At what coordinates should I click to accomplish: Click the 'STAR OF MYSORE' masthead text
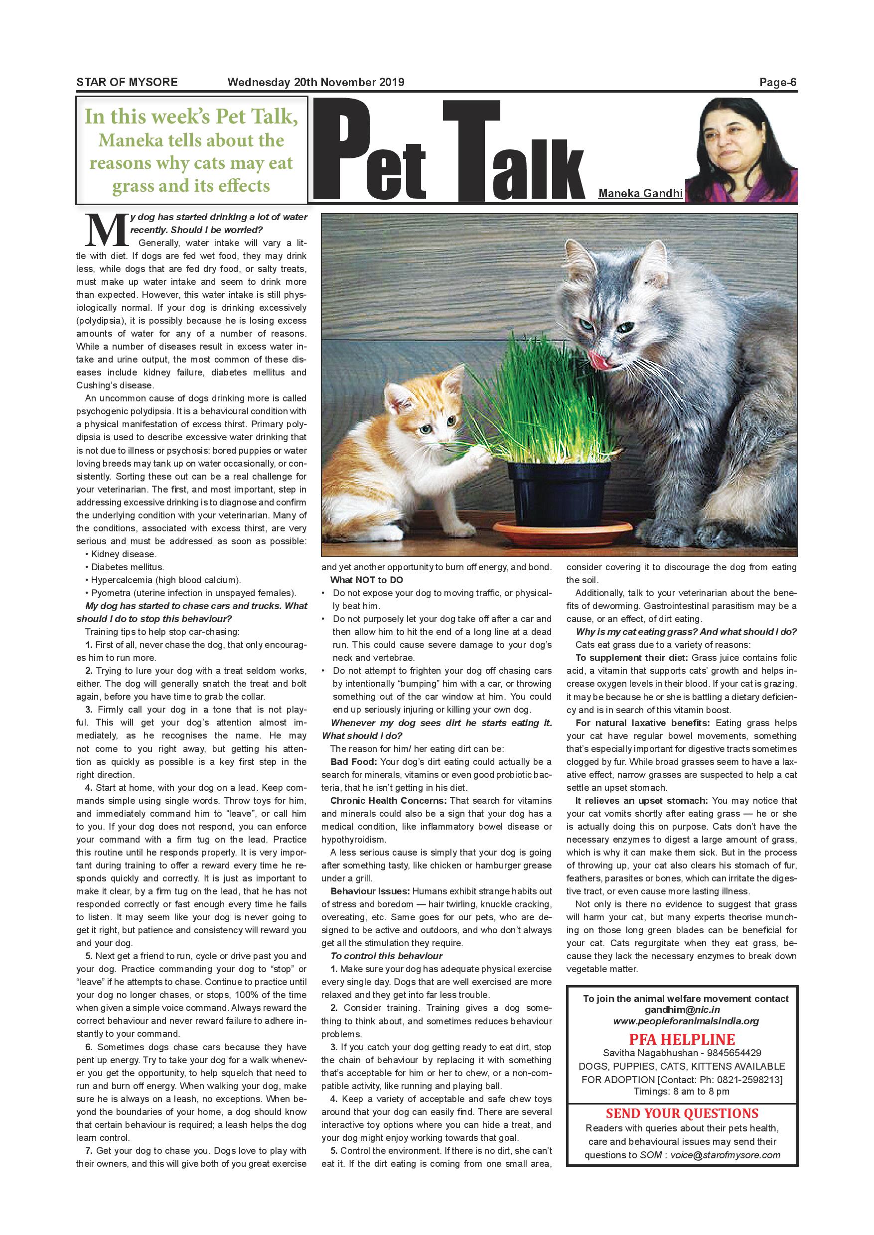click(127, 82)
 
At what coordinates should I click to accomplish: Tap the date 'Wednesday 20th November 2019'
click(315, 82)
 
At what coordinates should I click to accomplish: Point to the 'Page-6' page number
click(777, 82)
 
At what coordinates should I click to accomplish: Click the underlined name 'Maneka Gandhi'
click(640, 193)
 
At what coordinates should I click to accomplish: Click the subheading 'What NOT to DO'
click(367, 580)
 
